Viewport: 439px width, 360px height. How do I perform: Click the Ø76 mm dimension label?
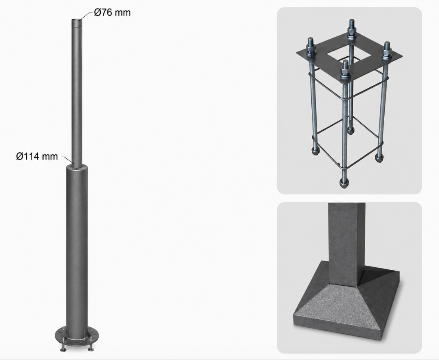pos(112,13)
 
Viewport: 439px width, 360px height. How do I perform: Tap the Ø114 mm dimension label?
pos(37,156)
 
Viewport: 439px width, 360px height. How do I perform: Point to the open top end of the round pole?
pos(76,20)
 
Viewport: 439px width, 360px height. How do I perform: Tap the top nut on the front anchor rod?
pos(345,73)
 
